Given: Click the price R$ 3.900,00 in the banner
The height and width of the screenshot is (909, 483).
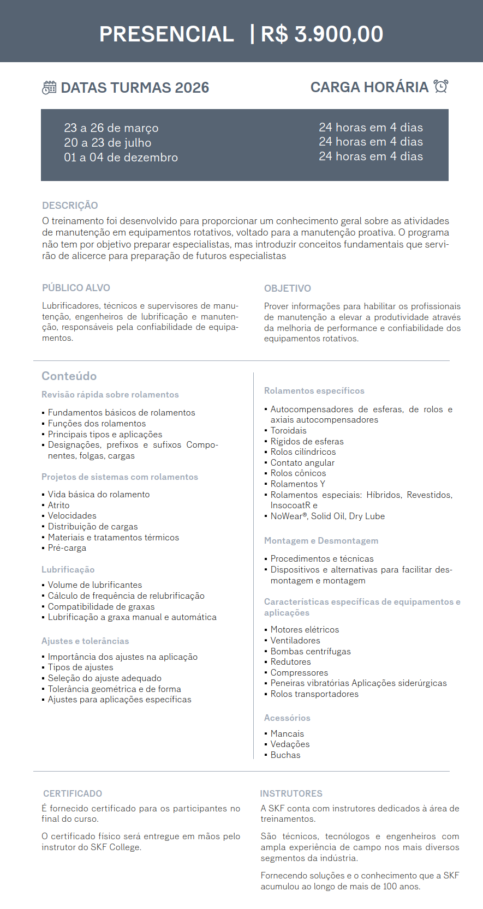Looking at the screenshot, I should coord(321,34).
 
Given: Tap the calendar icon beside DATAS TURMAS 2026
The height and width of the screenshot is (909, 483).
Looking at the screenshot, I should coord(49,87).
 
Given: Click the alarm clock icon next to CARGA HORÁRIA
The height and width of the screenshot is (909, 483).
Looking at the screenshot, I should coord(440,86).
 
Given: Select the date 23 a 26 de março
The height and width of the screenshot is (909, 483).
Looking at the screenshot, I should coord(111,128).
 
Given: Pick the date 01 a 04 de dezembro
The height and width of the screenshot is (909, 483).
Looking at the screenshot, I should coord(121,158).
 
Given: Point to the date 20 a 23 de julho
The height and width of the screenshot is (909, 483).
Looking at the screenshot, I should coord(108,143).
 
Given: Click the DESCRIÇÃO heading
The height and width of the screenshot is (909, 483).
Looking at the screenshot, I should coord(70,206).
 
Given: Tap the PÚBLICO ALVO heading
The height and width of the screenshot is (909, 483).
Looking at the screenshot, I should coord(76,288).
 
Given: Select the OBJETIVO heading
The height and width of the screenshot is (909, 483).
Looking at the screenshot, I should coord(287,288).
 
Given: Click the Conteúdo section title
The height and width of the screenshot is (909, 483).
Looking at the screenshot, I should coord(69,376).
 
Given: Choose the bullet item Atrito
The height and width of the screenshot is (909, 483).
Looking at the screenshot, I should coord(58,505).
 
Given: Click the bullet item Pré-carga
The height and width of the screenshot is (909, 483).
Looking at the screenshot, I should coord(67,548).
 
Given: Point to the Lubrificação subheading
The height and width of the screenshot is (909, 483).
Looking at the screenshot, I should coord(68,570).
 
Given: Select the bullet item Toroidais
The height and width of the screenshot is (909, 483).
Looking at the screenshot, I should coord(288,431).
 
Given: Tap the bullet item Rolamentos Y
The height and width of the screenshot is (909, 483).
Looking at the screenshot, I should coord(297,484).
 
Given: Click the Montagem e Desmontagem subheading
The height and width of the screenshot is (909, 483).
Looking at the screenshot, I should coord(321,541).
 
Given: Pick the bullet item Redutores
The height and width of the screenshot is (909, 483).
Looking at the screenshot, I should coord(290,662).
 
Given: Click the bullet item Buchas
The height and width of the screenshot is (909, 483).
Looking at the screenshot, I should coord(285,755).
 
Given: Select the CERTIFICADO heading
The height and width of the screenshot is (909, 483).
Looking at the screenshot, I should coord(73,793).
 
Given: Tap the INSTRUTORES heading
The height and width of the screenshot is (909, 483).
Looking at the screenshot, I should coord(291,793).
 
